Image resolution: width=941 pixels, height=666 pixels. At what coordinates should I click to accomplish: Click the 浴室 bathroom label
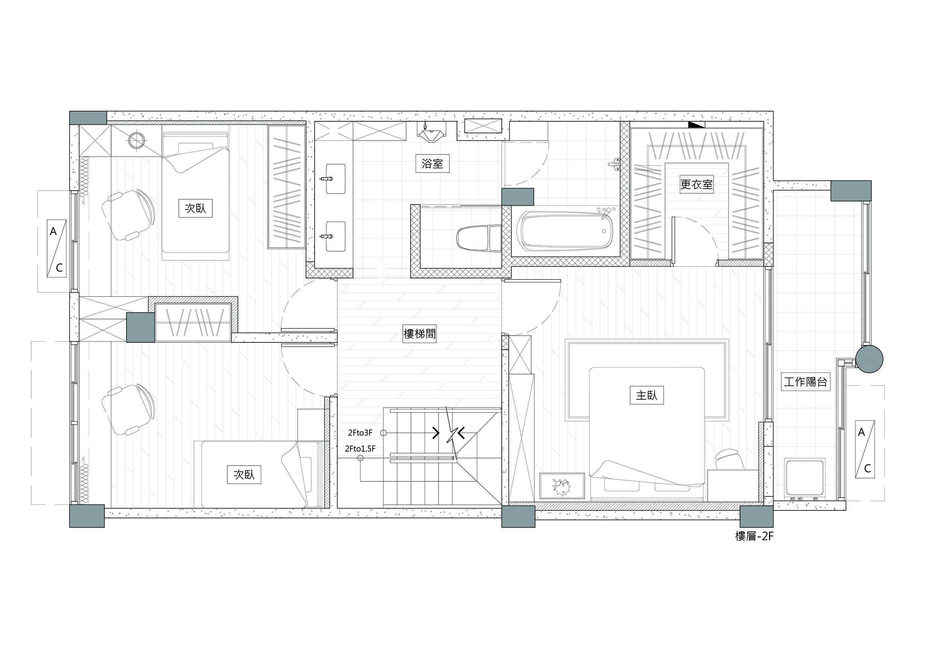click(x=432, y=163)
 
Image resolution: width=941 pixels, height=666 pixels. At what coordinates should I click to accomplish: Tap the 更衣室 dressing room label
click(x=696, y=184)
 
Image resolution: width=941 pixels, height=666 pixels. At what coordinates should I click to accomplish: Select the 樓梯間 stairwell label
click(x=419, y=333)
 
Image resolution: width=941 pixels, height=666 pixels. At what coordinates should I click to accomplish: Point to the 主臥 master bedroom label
click(x=646, y=395)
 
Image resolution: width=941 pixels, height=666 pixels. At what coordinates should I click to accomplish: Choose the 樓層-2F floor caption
click(x=755, y=536)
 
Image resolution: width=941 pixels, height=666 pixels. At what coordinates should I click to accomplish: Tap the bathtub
click(x=567, y=230)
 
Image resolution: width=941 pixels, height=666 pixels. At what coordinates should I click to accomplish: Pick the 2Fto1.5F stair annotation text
click(x=360, y=449)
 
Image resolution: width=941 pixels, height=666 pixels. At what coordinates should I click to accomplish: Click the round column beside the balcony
click(x=868, y=359)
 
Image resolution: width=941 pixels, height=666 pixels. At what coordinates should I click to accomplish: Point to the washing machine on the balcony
click(x=804, y=478)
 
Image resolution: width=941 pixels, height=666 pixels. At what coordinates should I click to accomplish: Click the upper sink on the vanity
click(x=335, y=179)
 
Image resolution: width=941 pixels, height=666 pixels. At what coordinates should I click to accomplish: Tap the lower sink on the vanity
click(x=335, y=237)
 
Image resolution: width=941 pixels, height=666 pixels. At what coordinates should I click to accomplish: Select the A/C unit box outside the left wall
click(x=56, y=249)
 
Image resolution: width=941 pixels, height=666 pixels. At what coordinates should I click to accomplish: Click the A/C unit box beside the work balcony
click(x=865, y=449)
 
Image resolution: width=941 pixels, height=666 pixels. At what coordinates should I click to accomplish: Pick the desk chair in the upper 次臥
click(x=128, y=214)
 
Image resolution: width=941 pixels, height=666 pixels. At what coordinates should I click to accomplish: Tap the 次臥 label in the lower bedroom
click(x=244, y=475)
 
